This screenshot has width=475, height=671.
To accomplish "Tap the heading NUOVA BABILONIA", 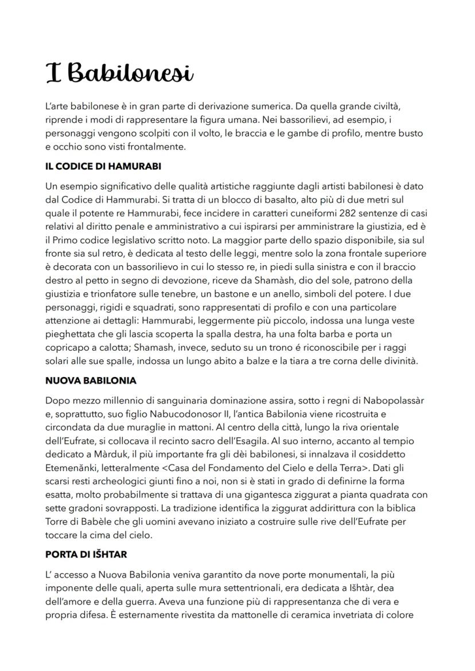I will pyautogui.click(x=90, y=380).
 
